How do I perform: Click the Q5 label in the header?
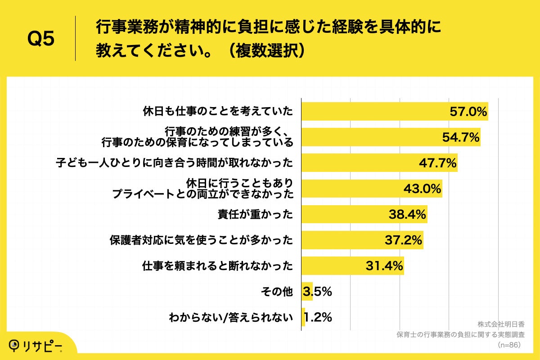(41, 39)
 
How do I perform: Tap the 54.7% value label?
(460, 137)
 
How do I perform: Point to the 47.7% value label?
(438, 163)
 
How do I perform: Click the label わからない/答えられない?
(231, 318)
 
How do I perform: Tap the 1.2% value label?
(318, 318)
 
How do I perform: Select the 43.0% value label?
(422, 189)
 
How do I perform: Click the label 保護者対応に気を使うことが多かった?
(201, 240)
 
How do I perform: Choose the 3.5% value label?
(318, 292)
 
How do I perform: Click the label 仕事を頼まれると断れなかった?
(217, 266)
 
